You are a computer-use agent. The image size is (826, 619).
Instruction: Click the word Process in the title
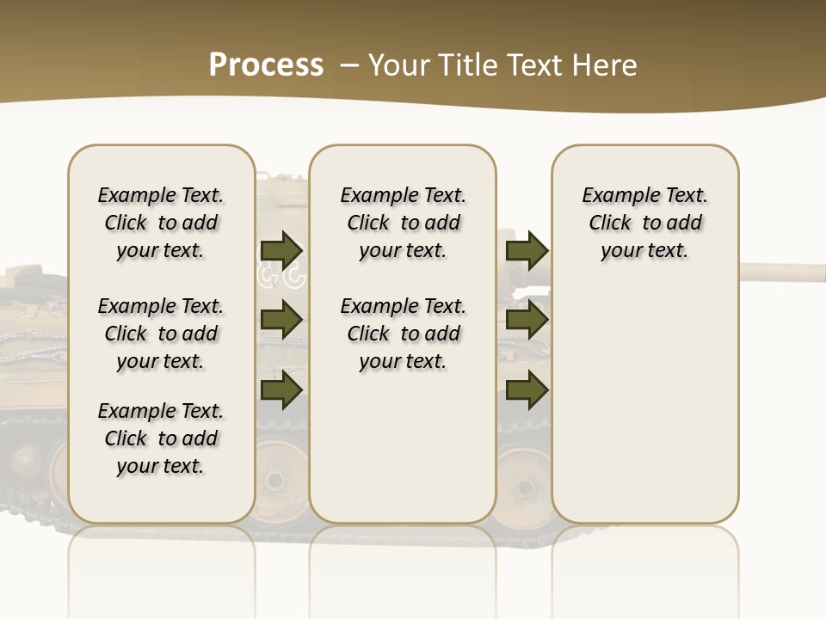[266, 65]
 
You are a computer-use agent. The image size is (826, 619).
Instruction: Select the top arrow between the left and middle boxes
[281, 250]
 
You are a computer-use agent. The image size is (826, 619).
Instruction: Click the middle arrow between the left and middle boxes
[281, 320]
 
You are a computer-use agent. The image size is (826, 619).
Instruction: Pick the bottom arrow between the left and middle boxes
[281, 389]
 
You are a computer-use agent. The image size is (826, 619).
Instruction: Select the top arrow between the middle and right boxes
[527, 250]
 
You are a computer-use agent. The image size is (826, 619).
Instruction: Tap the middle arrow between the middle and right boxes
[527, 320]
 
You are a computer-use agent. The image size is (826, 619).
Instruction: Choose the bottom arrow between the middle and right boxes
[527, 389]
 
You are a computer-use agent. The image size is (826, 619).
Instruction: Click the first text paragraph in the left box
[161, 223]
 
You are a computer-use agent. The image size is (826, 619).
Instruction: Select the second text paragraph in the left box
[161, 334]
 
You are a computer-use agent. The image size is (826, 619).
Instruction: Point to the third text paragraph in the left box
[161, 438]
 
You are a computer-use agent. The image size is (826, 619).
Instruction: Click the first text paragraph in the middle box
[403, 223]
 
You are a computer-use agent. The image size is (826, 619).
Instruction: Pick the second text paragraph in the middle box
[403, 334]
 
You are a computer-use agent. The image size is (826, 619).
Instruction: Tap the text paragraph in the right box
[645, 223]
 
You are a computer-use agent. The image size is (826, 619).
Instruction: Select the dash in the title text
[349, 65]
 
